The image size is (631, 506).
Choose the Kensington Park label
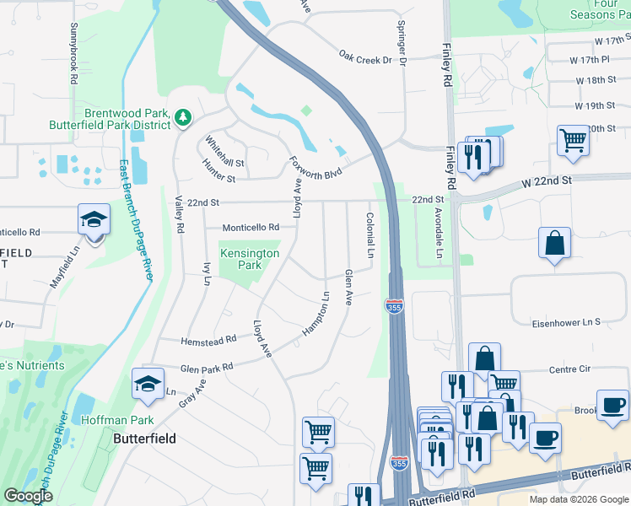click(249, 259)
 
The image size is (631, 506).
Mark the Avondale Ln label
click(440, 235)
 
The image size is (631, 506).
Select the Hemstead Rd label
click(208, 341)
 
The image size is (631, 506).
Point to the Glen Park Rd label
click(206, 369)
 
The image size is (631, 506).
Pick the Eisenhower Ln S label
click(565, 322)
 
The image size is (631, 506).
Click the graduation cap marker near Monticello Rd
click(94, 221)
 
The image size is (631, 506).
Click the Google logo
click(29, 496)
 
